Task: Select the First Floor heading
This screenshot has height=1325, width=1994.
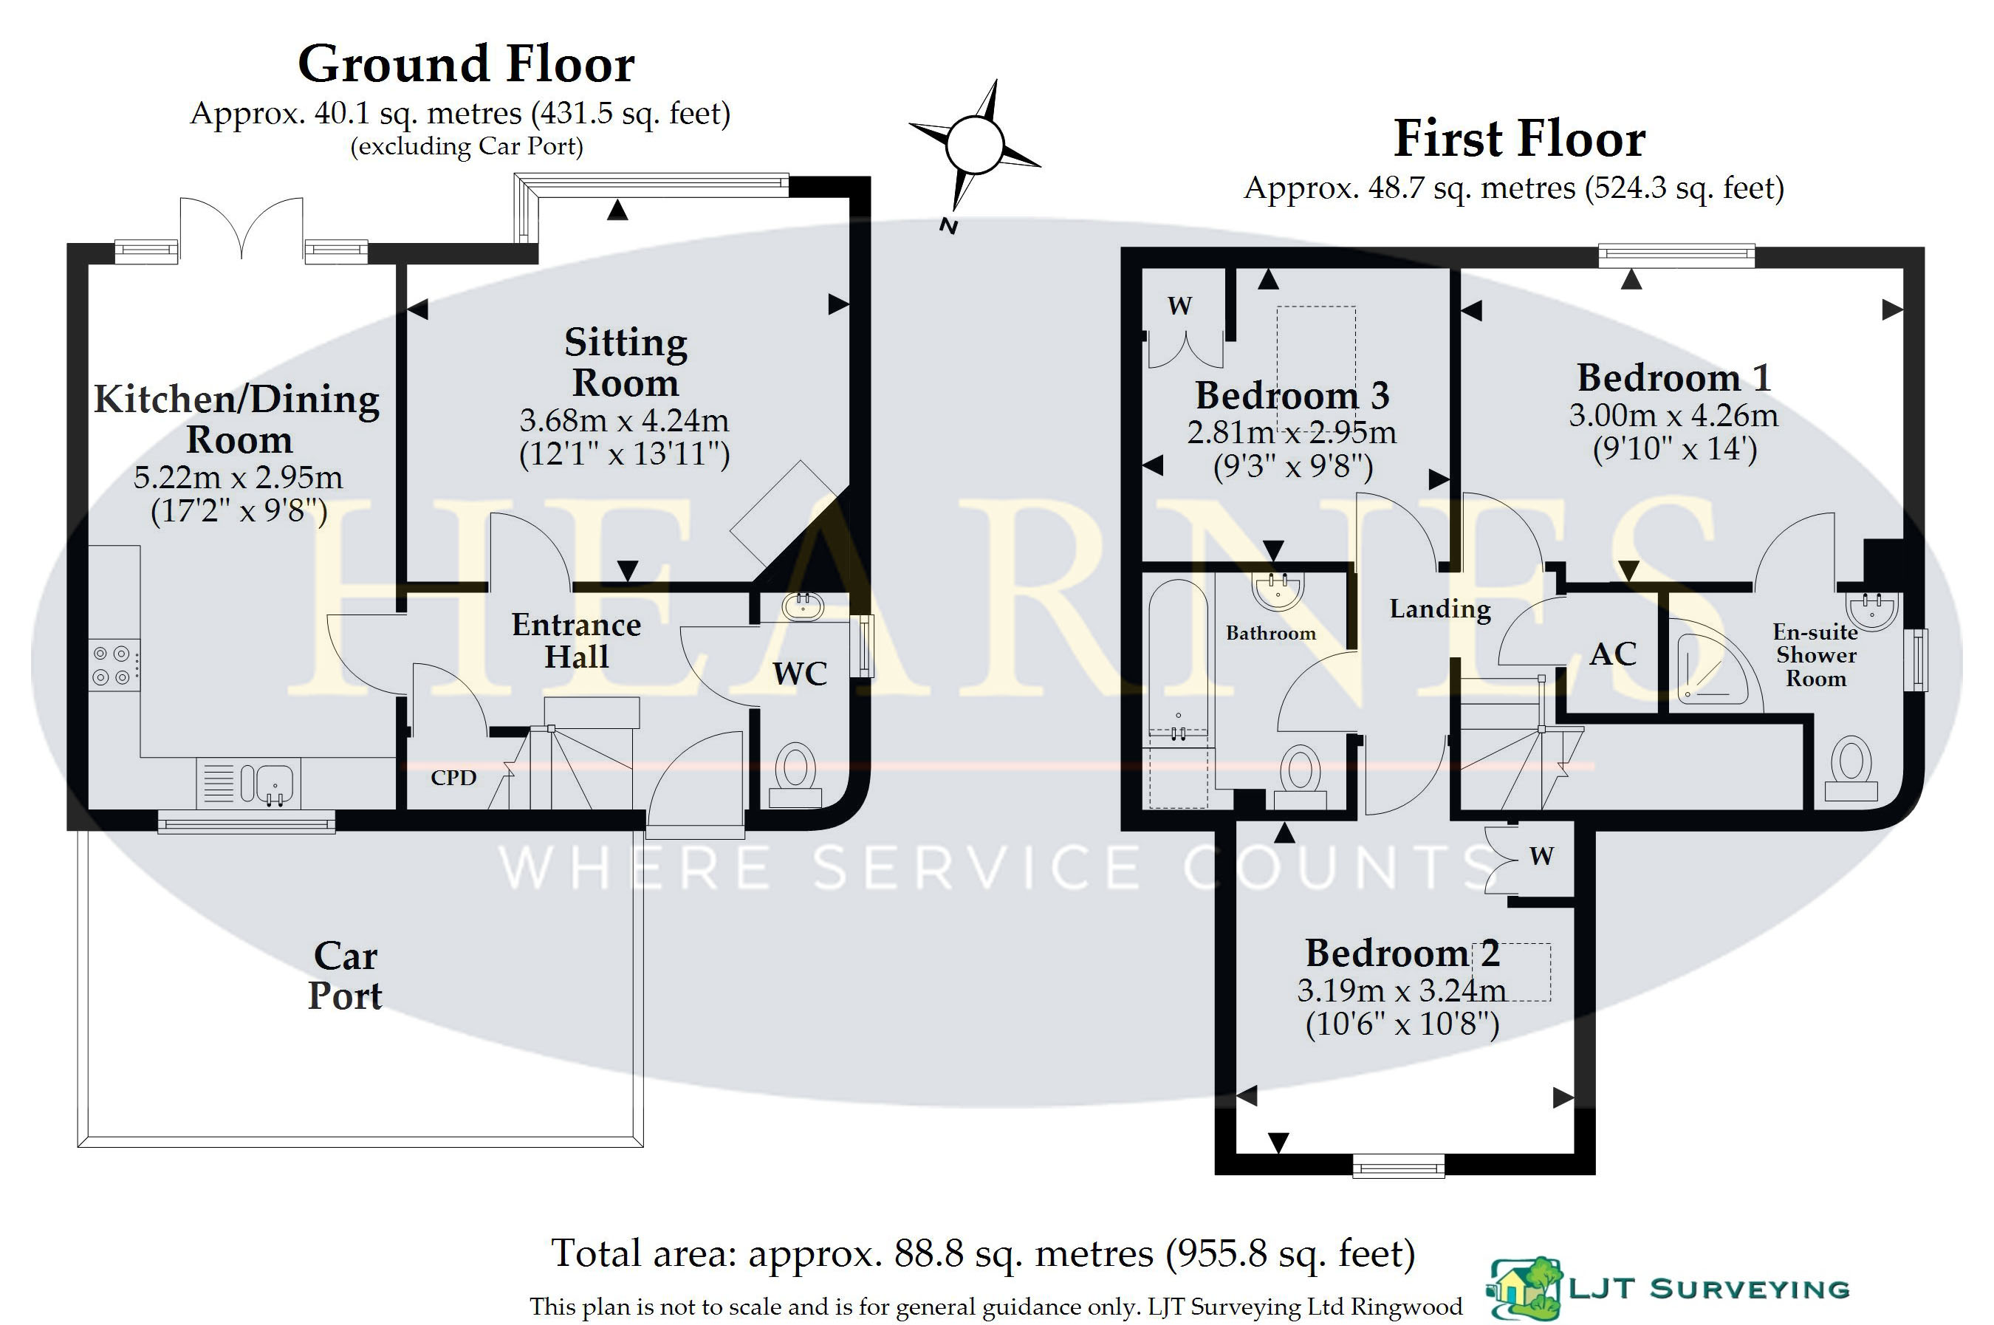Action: [1519, 139]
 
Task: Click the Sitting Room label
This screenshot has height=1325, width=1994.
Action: [626, 363]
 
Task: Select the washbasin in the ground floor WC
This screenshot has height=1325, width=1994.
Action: [803, 605]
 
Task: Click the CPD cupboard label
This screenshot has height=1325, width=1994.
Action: [453, 778]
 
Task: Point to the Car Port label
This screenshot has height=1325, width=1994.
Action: [345, 975]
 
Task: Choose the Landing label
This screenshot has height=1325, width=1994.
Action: [1441, 609]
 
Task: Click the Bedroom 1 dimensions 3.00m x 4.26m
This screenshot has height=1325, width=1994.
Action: [1673, 415]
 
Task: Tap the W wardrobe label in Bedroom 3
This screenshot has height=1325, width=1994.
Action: [1179, 305]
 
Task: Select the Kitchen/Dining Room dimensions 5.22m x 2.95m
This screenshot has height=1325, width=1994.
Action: [239, 477]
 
